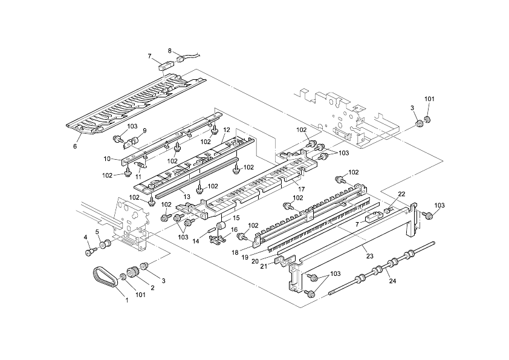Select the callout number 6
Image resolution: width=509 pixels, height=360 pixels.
(x=76, y=146)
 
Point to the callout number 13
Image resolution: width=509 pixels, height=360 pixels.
(x=187, y=197)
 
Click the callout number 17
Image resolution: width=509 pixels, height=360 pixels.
(x=301, y=189)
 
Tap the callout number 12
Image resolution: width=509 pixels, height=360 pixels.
(x=226, y=129)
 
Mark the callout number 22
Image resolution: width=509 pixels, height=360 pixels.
(x=401, y=194)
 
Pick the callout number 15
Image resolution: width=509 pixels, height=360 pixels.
(x=236, y=218)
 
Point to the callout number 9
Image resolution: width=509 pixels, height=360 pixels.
(x=144, y=131)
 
